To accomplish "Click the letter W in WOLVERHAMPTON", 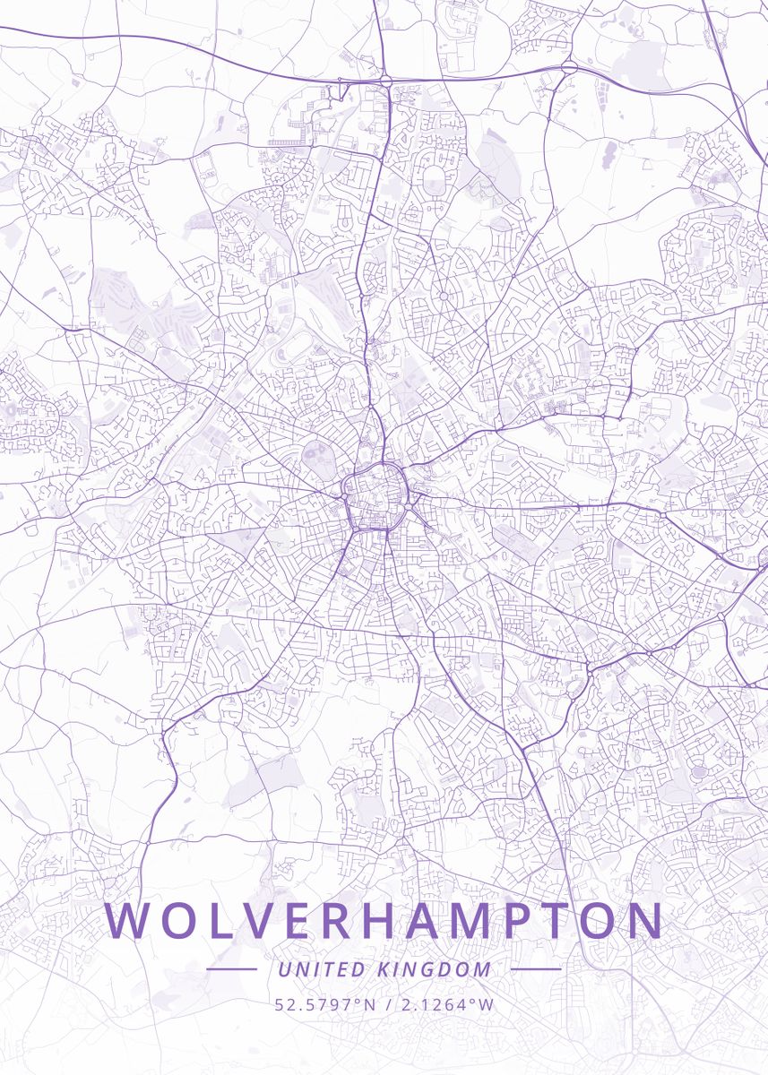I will (127, 921).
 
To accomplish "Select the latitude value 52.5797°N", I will (325, 1004).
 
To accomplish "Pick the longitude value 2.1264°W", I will (446, 1004).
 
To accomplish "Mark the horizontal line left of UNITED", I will (231, 969).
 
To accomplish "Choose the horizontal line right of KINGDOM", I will (535, 969).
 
